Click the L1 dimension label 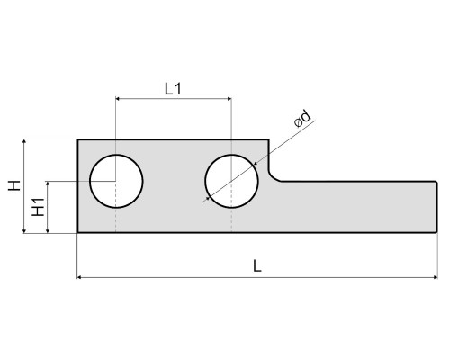coord(173,89)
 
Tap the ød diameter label coord(302,119)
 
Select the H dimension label coord(14,185)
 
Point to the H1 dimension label coord(38,207)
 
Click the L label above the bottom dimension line coord(257,266)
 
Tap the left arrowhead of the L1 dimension coord(118,98)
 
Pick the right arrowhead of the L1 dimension coord(229,98)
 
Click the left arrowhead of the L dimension coord(79,277)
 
